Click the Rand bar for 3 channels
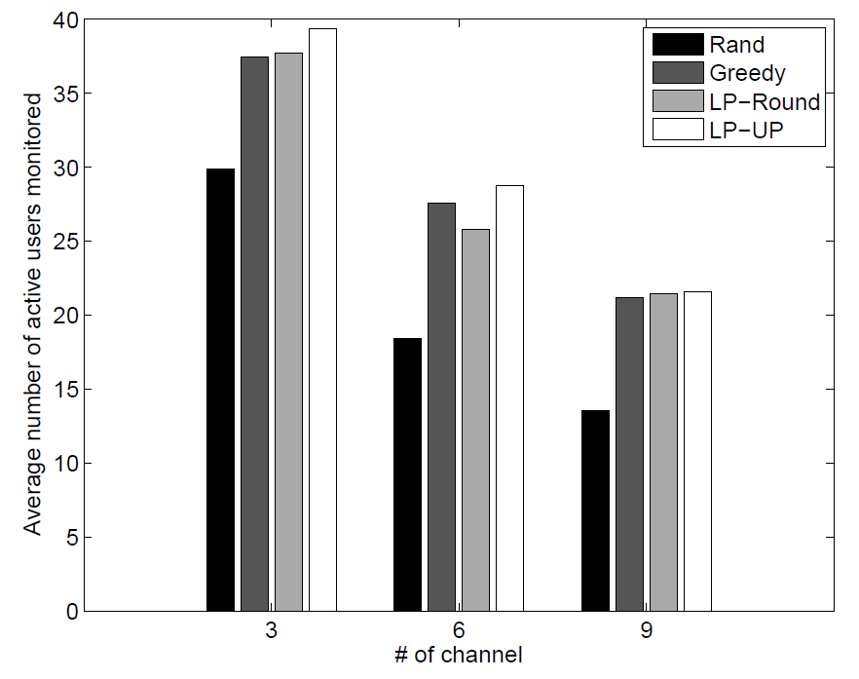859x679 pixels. click(220, 390)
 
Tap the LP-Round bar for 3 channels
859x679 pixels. click(288, 332)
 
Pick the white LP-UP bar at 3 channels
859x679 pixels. click(322, 321)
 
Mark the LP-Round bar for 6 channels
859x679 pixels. click(475, 420)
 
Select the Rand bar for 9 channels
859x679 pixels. click(595, 510)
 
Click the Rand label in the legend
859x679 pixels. click(737, 45)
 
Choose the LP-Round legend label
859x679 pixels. click(765, 100)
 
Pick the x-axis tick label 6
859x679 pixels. click(459, 630)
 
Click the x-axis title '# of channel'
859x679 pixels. click(459, 655)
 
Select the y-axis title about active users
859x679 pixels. click(33, 314)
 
